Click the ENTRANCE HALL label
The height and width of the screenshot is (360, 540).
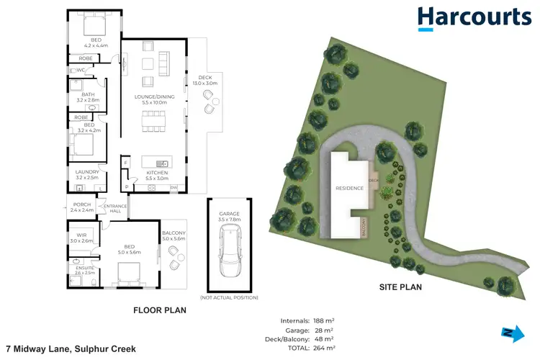click(115, 208)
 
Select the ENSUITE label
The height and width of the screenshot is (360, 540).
click(85, 270)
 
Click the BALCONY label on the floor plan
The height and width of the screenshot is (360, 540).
click(175, 235)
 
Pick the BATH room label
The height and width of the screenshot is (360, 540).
click(88, 96)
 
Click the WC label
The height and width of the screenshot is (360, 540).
click(81, 70)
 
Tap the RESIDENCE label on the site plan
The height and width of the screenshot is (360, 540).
click(348, 188)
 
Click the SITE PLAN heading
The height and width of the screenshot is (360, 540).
click(400, 286)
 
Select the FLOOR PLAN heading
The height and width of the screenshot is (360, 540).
click(160, 310)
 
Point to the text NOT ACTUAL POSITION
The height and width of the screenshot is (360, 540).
click(229, 297)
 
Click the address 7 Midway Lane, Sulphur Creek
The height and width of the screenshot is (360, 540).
click(71, 348)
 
